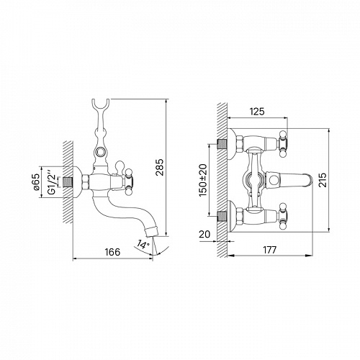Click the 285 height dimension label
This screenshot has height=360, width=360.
160,167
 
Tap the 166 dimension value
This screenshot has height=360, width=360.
112,252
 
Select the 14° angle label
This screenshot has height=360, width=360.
143,245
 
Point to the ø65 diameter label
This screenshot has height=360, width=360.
36,182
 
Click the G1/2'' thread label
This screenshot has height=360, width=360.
52,182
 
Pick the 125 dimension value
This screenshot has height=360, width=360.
257,112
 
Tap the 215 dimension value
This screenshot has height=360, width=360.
323,180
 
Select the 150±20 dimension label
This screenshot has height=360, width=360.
203,180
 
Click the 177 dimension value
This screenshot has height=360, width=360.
269,250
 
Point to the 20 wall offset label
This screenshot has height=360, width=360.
204,234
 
